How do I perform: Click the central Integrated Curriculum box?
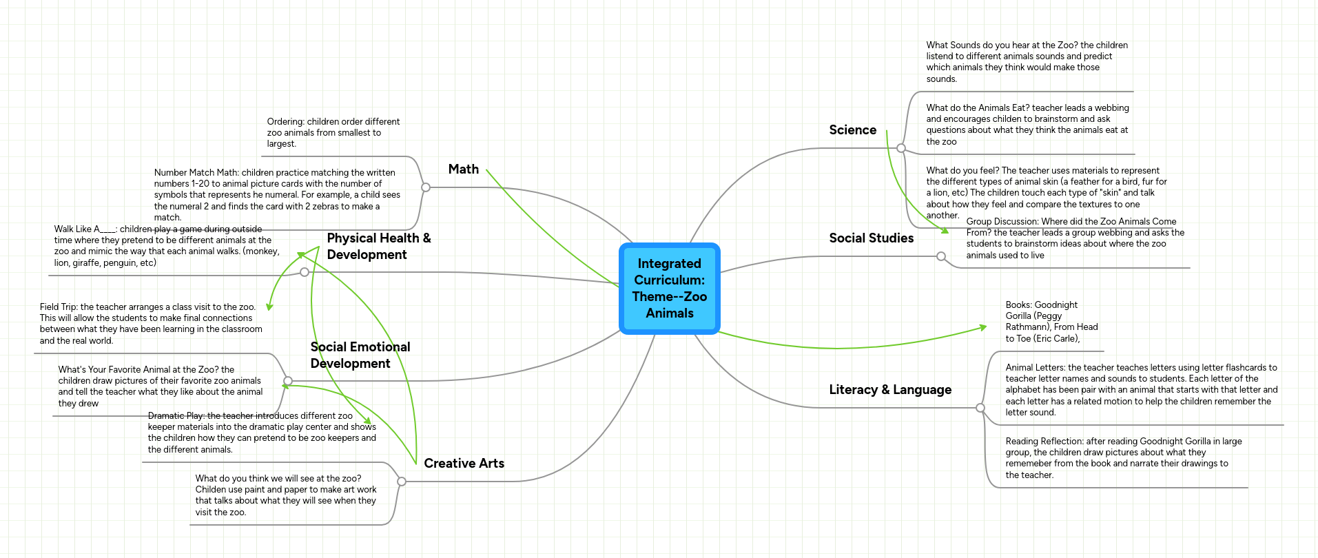[x=670, y=289]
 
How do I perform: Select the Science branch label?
[x=853, y=130]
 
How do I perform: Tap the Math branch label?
[x=464, y=169]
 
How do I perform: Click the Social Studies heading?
[x=872, y=238]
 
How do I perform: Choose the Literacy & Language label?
[x=890, y=390]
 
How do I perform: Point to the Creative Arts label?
[x=464, y=464]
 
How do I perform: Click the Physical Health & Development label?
[x=379, y=247]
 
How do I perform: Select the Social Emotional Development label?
[x=360, y=355]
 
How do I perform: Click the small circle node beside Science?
[x=901, y=148]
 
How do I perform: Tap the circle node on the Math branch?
[x=426, y=187]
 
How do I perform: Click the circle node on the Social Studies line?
[x=941, y=256]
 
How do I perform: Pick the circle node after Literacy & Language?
[x=980, y=408]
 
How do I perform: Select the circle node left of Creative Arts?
[x=402, y=482]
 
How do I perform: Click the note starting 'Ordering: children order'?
[x=333, y=133]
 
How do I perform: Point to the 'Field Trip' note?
[x=151, y=324]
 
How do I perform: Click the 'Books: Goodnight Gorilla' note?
[x=1052, y=322]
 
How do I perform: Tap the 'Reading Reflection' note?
[x=1124, y=458]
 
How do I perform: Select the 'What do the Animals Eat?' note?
[x=1028, y=125]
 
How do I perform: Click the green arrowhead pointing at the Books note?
[x=983, y=328]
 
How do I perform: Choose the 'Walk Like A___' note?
[x=167, y=246]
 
